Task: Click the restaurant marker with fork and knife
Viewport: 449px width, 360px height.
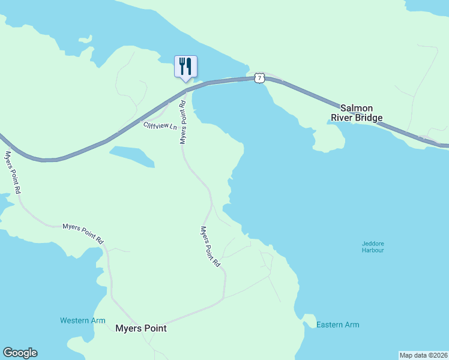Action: coord(185,67)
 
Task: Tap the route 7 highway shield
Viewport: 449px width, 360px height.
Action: coord(259,78)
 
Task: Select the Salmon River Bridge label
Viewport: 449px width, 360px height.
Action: coord(357,113)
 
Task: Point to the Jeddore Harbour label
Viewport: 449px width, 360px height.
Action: coord(373,247)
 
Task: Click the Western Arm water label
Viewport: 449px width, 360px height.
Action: coord(83,320)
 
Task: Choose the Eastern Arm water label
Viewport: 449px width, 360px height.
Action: coord(338,325)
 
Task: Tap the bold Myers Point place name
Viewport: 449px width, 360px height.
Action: coord(140,328)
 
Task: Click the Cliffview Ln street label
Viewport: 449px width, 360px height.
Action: coord(160,126)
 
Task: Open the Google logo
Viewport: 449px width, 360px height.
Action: coord(20,353)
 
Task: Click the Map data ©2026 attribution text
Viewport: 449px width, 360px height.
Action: coord(424,355)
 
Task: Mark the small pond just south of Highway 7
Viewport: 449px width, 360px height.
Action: coord(133,155)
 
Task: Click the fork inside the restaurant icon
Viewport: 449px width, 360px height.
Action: coord(182,65)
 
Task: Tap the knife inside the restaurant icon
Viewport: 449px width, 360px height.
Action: coord(189,65)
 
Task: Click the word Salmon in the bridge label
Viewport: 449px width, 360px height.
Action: coord(357,108)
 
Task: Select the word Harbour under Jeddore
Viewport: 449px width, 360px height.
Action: coord(373,250)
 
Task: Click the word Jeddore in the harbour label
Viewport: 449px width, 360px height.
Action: coord(373,243)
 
